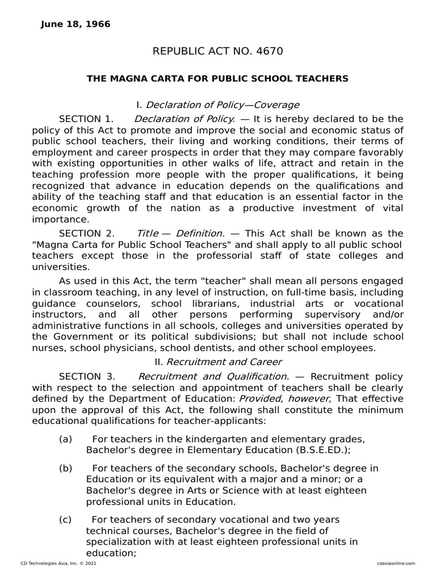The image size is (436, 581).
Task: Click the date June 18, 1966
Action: click(76, 24)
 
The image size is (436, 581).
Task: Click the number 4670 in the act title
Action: click(270, 52)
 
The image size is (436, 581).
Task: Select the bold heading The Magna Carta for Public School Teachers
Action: click(217, 78)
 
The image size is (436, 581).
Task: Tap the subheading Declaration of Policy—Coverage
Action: click(223, 105)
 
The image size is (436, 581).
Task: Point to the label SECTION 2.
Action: click(86, 233)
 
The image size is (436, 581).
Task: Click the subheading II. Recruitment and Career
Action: click(217, 361)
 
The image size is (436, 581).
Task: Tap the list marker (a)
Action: click(66, 439)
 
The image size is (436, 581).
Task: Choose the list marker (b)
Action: click(66, 468)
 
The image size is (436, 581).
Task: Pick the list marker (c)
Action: click(66, 519)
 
